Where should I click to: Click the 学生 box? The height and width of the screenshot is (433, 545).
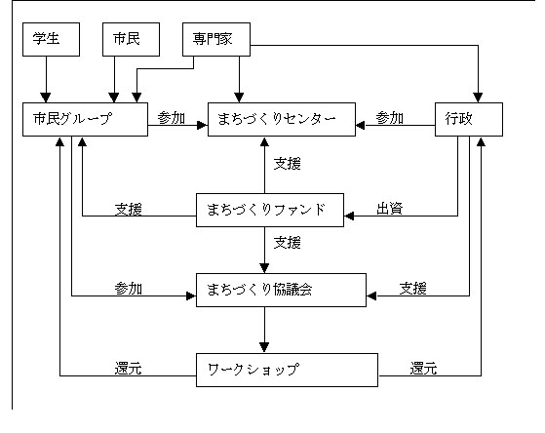pyautogui.click(x=51, y=39)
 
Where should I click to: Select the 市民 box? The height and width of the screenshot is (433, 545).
pyautogui.click(x=131, y=39)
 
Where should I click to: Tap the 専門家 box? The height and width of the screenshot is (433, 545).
pyautogui.click(x=216, y=39)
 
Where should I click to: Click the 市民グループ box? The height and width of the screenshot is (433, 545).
pyautogui.click(x=85, y=119)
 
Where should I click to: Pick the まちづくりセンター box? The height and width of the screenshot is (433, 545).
pyautogui.click(x=282, y=119)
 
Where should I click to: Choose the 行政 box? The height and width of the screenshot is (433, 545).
pyautogui.click(x=469, y=119)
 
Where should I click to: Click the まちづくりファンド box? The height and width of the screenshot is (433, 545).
pyautogui.click(x=270, y=210)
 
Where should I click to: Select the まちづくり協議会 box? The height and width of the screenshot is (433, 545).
pyautogui.click(x=281, y=290)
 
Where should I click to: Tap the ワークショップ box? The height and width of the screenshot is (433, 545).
pyautogui.click(x=287, y=370)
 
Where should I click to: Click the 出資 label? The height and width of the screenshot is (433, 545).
pyautogui.click(x=390, y=209)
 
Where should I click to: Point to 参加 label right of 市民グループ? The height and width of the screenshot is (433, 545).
pyautogui.click(x=171, y=118)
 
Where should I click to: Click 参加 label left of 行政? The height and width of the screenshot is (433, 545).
pyautogui.click(x=390, y=118)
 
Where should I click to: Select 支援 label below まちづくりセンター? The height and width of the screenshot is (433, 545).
pyautogui.click(x=287, y=164)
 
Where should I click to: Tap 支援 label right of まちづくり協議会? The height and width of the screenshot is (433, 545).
pyautogui.click(x=413, y=289)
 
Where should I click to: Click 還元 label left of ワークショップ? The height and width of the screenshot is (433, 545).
pyautogui.click(x=129, y=369)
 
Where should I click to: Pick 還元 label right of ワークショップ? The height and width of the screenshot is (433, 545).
pyautogui.click(x=423, y=369)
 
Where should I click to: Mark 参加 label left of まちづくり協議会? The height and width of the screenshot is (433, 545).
pyautogui.click(x=129, y=289)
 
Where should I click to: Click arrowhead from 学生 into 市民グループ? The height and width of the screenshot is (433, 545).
pyautogui.click(x=46, y=98)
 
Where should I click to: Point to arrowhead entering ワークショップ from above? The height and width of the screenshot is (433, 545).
pyautogui.click(x=264, y=348)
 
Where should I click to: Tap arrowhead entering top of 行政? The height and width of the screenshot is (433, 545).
pyautogui.click(x=478, y=98)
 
